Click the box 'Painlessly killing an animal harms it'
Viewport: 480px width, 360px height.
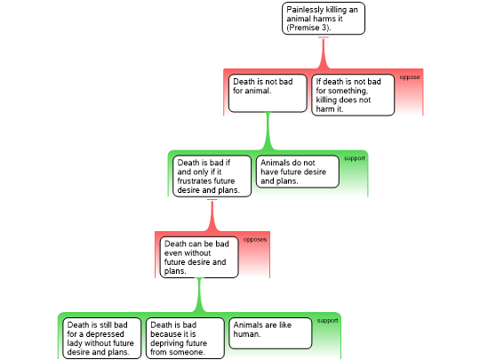324,19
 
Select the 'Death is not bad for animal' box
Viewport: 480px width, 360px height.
268,93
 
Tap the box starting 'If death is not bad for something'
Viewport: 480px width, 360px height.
353,95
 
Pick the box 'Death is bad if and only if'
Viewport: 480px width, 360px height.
212,176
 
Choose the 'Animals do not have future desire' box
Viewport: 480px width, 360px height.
298,172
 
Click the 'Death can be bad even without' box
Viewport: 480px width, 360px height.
199,257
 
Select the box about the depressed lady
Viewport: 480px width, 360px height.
102,339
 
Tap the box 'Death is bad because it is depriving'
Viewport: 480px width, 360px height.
185,339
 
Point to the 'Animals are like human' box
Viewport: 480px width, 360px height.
270,333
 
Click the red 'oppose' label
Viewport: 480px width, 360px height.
410,77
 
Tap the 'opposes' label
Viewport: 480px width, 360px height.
255,239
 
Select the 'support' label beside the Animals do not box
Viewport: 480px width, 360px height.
354,158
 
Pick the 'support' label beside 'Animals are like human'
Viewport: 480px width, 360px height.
327,321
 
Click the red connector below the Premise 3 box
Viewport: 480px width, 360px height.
324,52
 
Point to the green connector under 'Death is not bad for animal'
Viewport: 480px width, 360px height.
268,132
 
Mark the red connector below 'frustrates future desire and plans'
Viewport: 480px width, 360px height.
212,215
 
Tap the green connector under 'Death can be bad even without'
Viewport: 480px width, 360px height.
199,295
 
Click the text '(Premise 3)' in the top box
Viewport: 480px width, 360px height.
308,28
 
